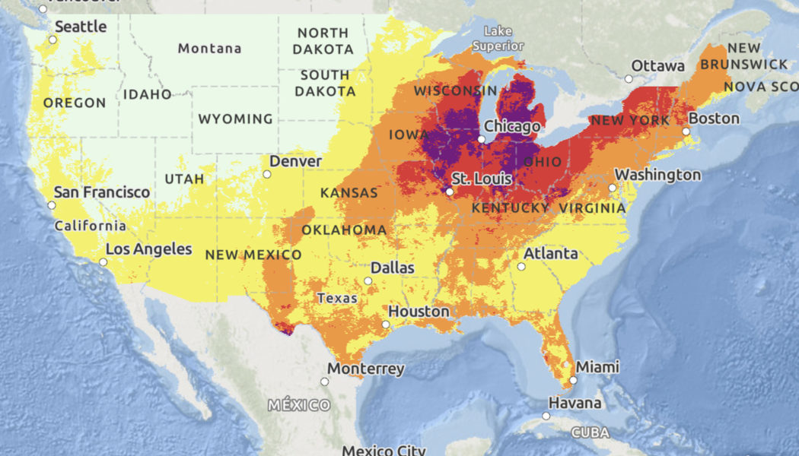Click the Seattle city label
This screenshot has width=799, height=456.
pos(81,26)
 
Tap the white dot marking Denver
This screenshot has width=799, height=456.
pos(267,174)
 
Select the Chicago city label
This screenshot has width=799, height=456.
pos(512,126)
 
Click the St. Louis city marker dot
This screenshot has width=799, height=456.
pos(450,192)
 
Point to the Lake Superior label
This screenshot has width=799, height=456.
pos(498,39)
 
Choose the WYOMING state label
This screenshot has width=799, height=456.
pos(235,119)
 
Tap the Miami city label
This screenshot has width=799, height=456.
pos(597,367)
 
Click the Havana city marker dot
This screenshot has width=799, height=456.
pos(546,416)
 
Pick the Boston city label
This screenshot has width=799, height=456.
pos(714,119)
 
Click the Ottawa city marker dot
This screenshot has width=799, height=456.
pos(629,78)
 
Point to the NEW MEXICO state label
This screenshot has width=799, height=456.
pos(253,255)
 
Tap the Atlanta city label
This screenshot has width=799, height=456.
pos(550,254)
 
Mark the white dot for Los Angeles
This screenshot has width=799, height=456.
pos(103,261)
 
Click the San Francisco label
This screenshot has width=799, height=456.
pos(102,192)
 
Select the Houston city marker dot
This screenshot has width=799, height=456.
pos(386,325)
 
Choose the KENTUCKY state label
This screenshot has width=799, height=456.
pos(511,207)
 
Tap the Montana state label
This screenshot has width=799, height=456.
pos(209,49)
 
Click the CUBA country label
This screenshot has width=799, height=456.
pos(590,432)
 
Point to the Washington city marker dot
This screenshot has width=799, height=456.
pos(612,188)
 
